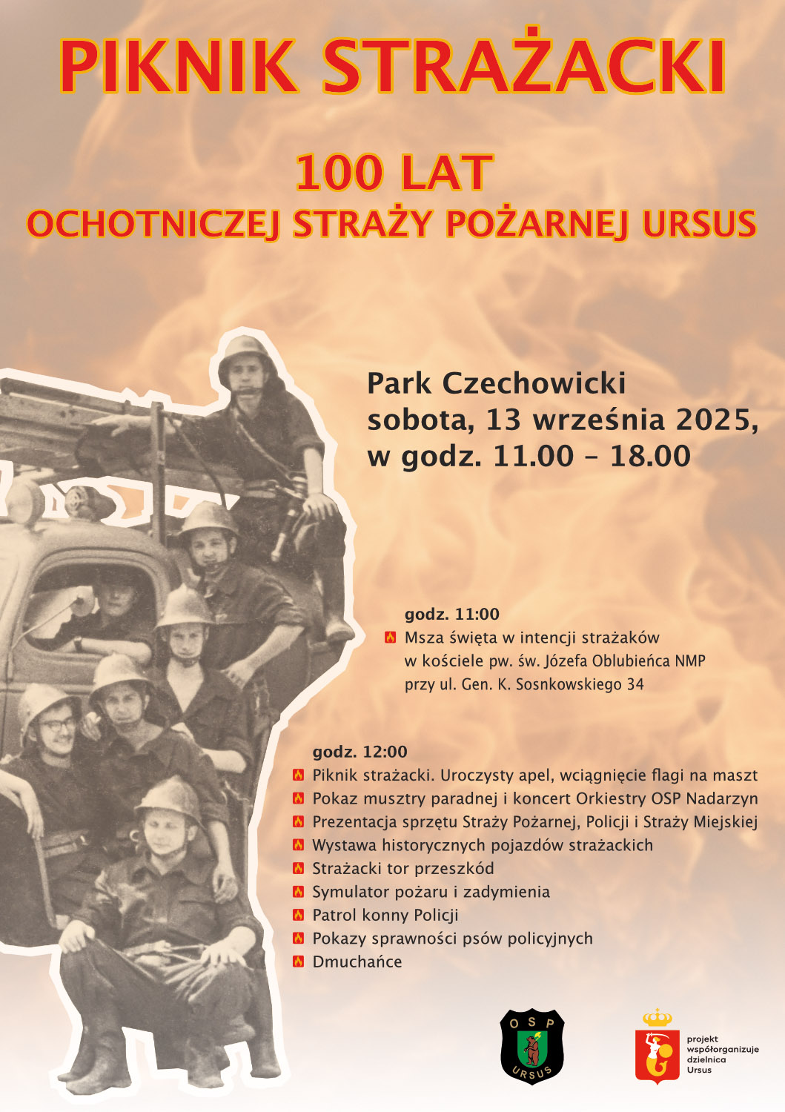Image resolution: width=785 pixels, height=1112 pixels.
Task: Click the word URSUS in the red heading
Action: (699, 224)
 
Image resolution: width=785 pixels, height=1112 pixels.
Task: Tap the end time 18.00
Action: (650, 456)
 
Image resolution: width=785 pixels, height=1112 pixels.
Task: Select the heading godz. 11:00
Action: (451, 614)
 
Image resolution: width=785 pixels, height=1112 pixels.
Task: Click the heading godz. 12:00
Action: (360, 752)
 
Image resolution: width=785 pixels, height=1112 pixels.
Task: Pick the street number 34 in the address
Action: (635, 684)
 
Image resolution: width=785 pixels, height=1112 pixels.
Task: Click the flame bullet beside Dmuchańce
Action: (298, 962)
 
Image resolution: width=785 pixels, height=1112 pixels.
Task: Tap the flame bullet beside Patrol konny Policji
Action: (298, 915)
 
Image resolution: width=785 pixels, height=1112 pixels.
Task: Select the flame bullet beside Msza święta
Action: (390, 638)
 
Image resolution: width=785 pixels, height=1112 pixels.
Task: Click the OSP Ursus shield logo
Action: (532, 1046)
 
